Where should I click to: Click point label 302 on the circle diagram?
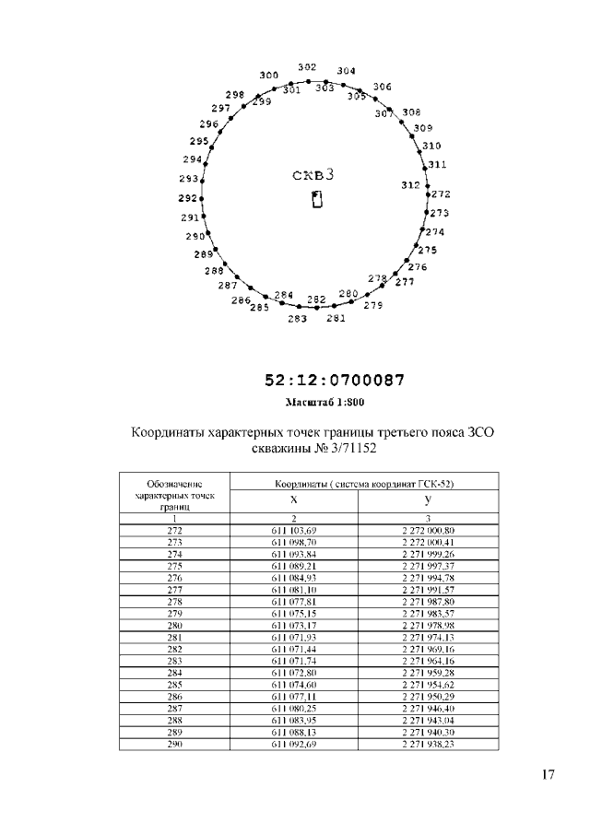[308, 67]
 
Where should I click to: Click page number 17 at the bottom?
[548, 774]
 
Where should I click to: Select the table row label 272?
[174, 531]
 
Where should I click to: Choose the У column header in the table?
[428, 499]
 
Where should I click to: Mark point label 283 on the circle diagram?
[297, 319]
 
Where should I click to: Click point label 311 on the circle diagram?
[437, 164]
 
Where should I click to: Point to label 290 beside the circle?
[195, 236]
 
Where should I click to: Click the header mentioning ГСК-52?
[363, 483]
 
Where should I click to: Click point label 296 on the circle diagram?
[209, 123]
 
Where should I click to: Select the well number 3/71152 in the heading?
[348, 449]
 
